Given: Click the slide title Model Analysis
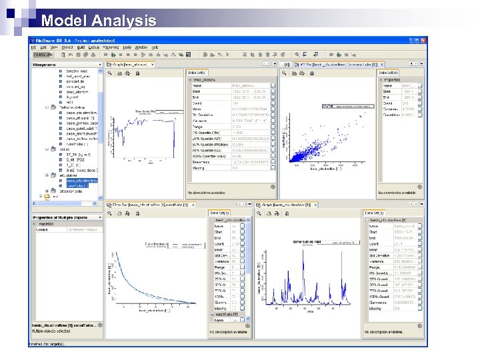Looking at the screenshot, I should pyautogui.click(x=98, y=21).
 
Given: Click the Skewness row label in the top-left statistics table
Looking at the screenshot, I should pyautogui.click(x=200, y=161).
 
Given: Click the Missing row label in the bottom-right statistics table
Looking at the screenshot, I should pyautogui.click(x=377, y=309).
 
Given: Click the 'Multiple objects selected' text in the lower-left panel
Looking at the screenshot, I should pyautogui.click(x=54, y=330).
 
